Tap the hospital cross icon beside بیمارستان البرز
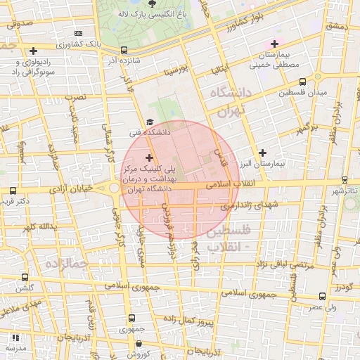[x=262, y=152]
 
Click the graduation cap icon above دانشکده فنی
[x=149, y=122]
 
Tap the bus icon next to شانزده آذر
[x=124, y=50]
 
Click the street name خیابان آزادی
[x=72, y=190]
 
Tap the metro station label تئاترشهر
[x=345, y=191]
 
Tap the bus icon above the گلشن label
[x=25, y=277]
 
